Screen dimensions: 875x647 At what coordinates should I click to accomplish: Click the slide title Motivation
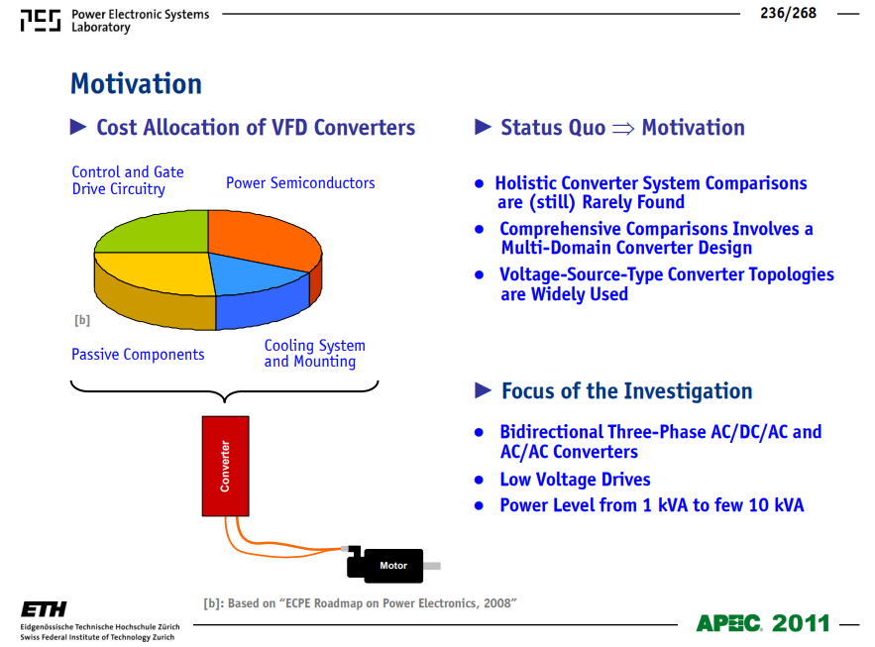pyautogui.click(x=136, y=84)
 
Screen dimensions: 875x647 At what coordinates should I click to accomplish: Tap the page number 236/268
pyautogui.click(x=788, y=13)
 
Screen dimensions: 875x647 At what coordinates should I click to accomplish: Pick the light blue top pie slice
pyautogui.click(x=254, y=273)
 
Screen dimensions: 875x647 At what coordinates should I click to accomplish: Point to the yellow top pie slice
pyautogui.click(x=157, y=272)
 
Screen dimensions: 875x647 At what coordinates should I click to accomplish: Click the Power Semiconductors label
pyautogui.click(x=300, y=183)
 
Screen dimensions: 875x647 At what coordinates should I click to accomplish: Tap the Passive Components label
pyautogui.click(x=138, y=355)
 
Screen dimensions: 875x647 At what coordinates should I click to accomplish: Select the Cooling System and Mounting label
pyautogui.click(x=315, y=354)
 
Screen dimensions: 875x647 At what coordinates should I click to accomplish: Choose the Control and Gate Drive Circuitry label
pyautogui.click(x=128, y=180)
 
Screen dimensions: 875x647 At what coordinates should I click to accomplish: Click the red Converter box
pyautogui.click(x=226, y=467)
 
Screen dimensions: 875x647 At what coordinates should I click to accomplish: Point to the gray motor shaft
pyautogui.click(x=432, y=566)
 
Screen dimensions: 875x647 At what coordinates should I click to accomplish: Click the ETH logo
pyautogui.click(x=44, y=609)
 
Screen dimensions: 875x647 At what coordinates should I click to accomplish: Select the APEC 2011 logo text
pyautogui.click(x=763, y=623)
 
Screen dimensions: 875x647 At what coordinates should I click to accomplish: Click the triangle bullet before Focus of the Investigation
pyautogui.click(x=483, y=390)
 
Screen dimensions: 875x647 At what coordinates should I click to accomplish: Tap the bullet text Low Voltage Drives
pyautogui.click(x=575, y=480)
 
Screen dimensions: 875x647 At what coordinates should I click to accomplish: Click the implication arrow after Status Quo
pyautogui.click(x=623, y=129)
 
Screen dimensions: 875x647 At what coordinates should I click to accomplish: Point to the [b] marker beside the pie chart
pyautogui.click(x=82, y=320)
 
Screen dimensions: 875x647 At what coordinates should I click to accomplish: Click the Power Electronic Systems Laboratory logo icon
pyautogui.click(x=41, y=21)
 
